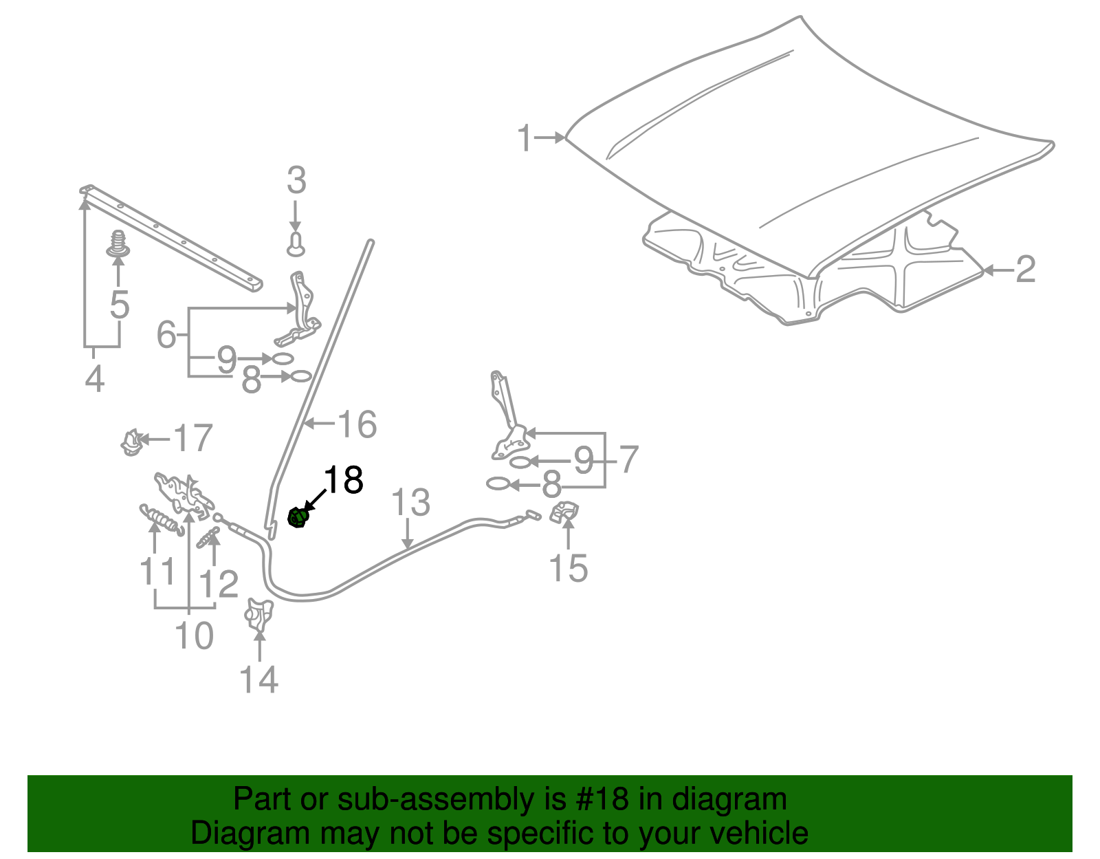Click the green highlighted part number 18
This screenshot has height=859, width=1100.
[297, 517]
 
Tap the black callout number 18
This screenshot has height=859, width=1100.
[343, 480]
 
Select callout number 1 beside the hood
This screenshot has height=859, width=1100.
[525, 138]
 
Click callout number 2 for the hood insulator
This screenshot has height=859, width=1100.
[1025, 270]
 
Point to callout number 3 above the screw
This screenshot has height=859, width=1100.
[296, 181]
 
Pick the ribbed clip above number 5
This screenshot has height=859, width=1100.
[119, 243]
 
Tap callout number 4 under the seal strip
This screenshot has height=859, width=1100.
[94, 378]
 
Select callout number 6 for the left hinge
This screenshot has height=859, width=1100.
[166, 335]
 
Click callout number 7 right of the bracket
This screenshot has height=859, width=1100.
[628, 459]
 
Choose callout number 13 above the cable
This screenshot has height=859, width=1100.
[410, 503]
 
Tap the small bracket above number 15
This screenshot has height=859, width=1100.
[564, 512]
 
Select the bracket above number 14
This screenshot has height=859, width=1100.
[259, 613]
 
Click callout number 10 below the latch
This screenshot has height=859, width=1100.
[194, 635]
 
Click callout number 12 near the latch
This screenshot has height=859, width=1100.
[219, 585]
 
